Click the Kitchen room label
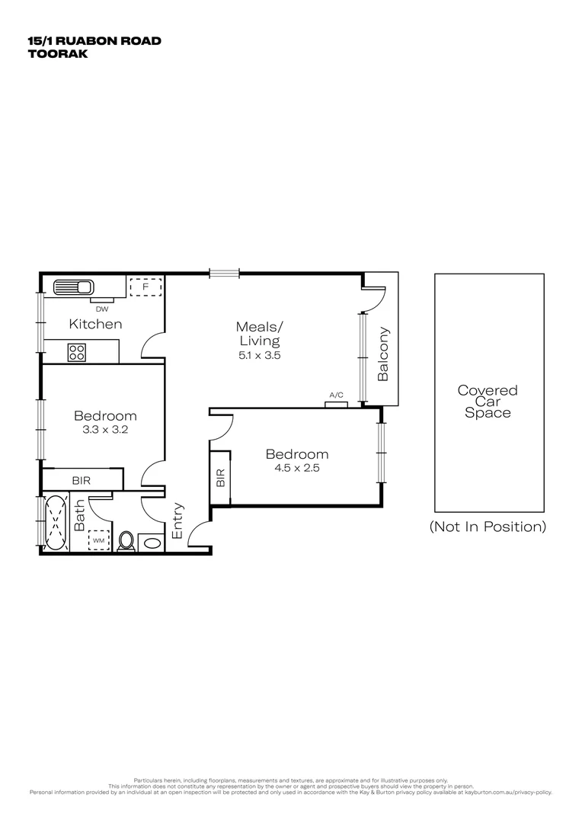95,324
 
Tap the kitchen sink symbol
73,288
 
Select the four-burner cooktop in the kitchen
77,352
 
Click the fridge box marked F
145,287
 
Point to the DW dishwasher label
101,309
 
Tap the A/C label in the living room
336,395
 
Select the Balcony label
383,354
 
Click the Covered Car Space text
488,401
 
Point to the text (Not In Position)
488,527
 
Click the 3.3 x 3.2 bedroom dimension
105,430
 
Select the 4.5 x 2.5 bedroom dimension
296,468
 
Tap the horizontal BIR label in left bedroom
82,481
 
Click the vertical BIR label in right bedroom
220,478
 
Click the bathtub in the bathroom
56,524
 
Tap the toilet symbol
126,540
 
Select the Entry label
177,520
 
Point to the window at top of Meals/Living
225,273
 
